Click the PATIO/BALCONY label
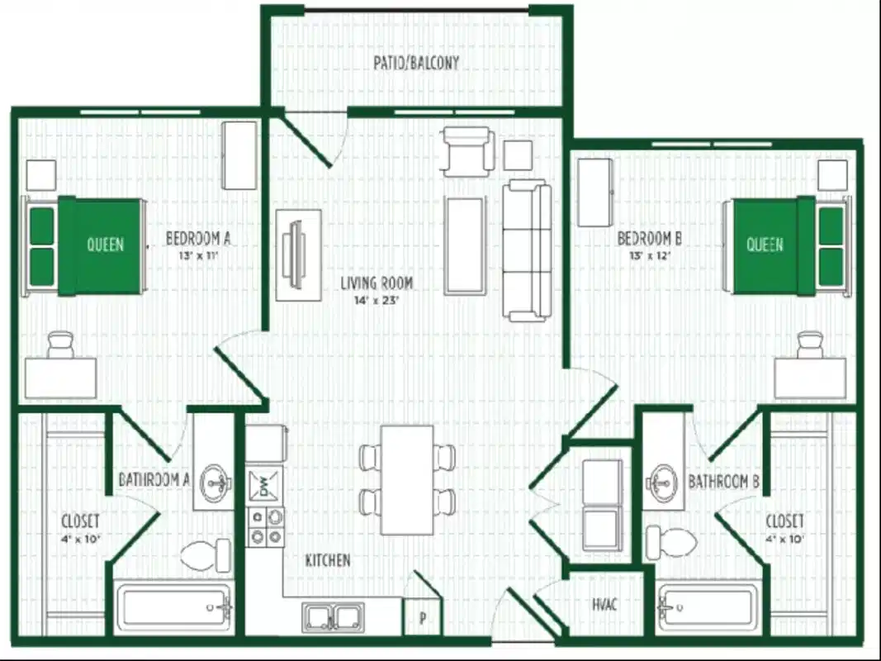coord(416,63)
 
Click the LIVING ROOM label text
coord(377,283)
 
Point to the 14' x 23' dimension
coord(377,301)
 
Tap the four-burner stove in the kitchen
coord(266,527)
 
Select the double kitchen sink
coord(334,617)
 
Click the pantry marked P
coord(422,617)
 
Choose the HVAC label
coord(605,604)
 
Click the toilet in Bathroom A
coord(206,555)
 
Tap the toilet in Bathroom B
coord(670,542)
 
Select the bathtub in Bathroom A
coord(173,609)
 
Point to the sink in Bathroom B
coord(662,478)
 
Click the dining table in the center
coord(407,479)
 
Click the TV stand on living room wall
coord(297,254)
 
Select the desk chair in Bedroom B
coord(809,344)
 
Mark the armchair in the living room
coord(467,150)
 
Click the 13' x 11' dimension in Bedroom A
coord(198,255)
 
